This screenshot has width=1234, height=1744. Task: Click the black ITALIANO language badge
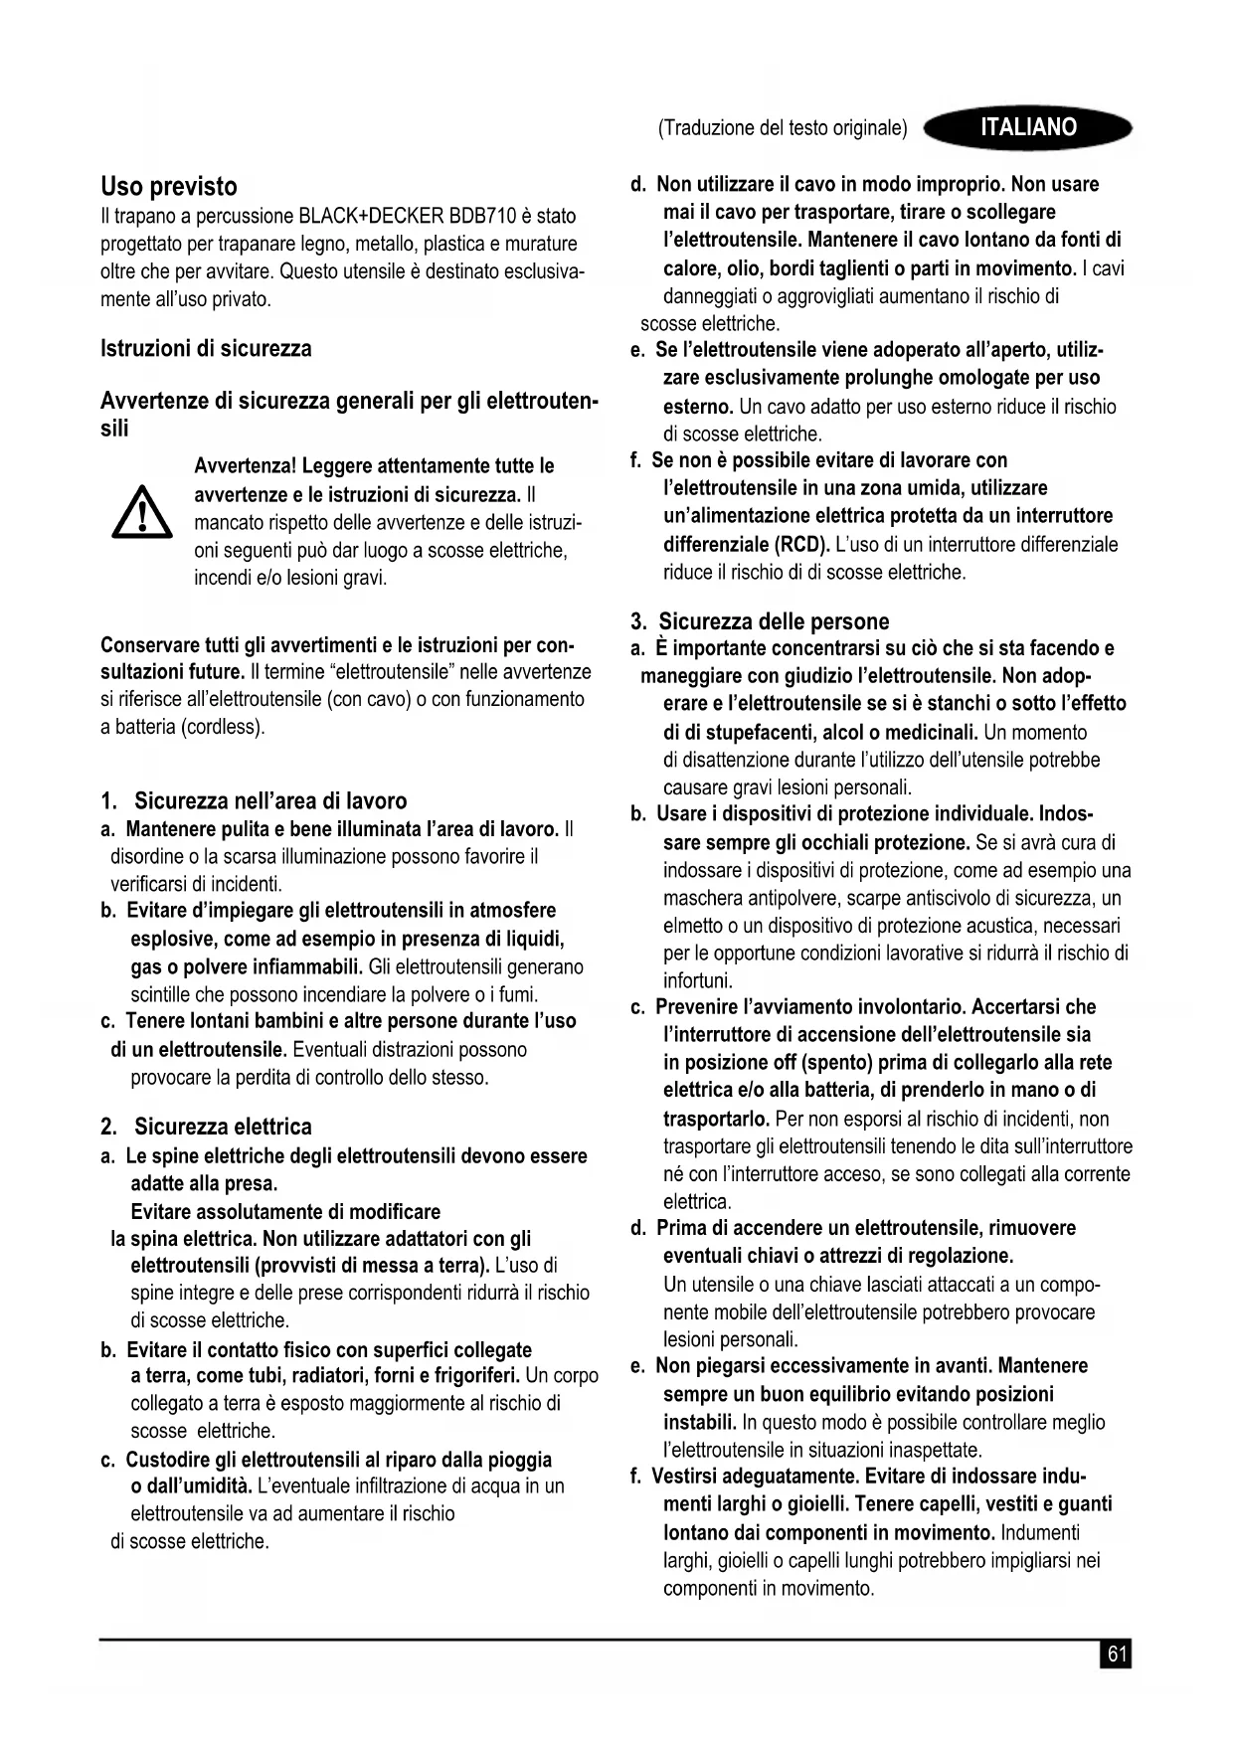(x=1027, y=127)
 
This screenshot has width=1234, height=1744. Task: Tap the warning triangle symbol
(x=141, y=512)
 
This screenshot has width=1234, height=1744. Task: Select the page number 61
(x=1117, y=1654)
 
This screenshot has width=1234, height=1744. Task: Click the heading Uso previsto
(x=169, y=187)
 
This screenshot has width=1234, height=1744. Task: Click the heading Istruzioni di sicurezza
(x=206, y=348)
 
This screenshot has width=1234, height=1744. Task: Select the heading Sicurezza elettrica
(x=223, y=1127)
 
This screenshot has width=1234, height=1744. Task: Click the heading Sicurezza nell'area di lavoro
(x=270, y=801)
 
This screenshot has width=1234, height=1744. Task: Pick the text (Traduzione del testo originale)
(x=783, y=128)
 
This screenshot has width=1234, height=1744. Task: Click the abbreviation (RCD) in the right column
(x=800, y=544)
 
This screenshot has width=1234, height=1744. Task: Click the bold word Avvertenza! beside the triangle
(x=245, y=466)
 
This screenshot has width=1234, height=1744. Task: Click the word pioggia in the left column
(x=519, y=1460)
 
